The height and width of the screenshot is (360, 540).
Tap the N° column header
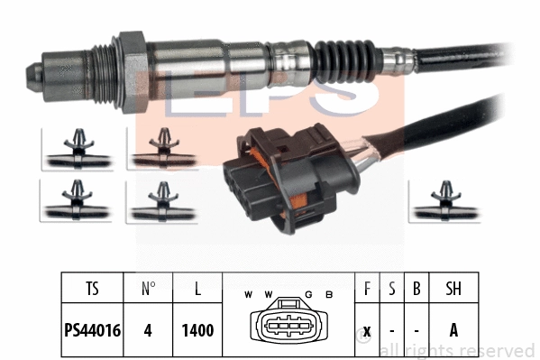click(x=149, y=289)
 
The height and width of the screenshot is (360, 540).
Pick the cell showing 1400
click(x=197, y=330)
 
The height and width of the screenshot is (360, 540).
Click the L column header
click(x=197, y=289)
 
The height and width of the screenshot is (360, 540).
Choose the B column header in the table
click(x=416, y=289)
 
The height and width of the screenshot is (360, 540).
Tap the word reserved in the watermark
click(x=495, y=350)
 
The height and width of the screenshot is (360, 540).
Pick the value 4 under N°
click(x=149, y=330)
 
